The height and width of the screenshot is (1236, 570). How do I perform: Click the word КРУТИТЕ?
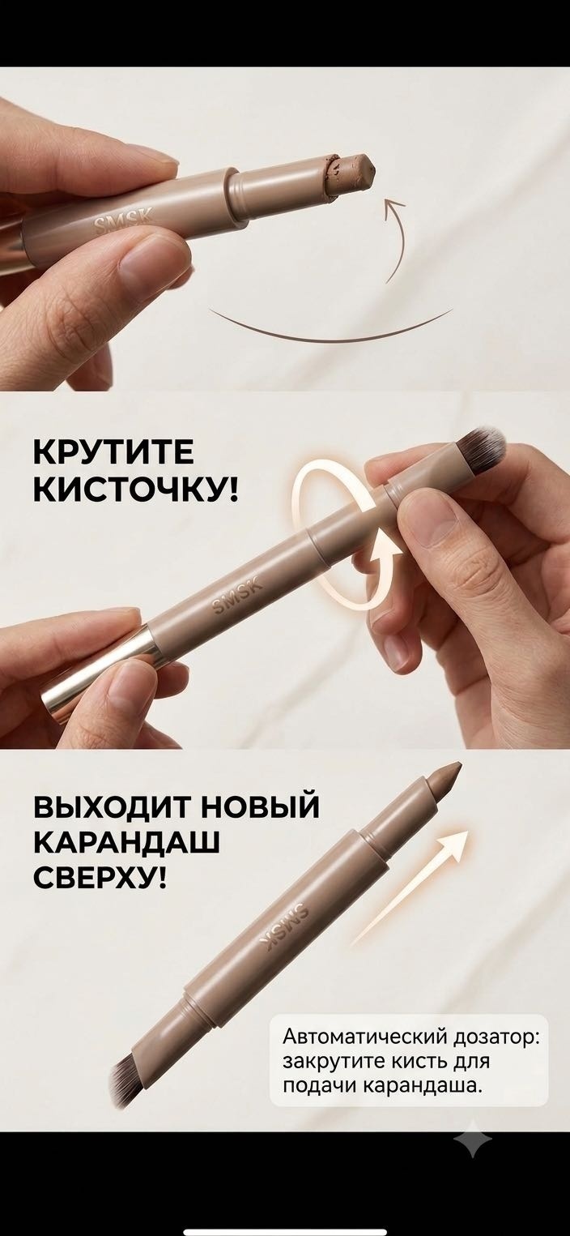tap(113, 452)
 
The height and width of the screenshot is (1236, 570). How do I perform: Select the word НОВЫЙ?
tap(260, 807)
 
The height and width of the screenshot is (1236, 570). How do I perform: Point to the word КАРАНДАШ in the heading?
tap(127, 843)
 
